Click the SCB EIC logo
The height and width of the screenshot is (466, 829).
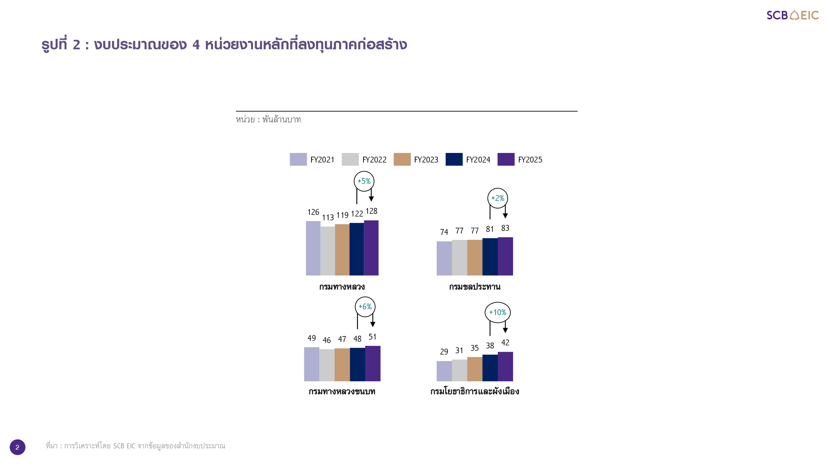click(792, 15)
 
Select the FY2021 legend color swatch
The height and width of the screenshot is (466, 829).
click(298, 159)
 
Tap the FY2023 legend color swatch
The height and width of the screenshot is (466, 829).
click(402, 159)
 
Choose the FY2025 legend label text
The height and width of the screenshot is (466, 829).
click(530, 160)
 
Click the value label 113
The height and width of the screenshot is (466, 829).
click(328, 218)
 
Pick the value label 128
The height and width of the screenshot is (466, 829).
click(371, 211)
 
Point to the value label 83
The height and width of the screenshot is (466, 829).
click(505, 228)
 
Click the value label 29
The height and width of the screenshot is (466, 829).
click(444, 352)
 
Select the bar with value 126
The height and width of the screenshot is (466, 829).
click(313, 248)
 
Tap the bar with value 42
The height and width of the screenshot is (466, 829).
click(505, 366)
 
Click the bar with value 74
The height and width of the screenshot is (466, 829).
click(444, 258)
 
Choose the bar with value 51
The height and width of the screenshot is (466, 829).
click(373, 363)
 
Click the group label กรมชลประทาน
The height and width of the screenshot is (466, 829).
click(475, 287)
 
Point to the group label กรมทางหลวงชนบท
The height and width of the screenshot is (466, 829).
click(342, 392)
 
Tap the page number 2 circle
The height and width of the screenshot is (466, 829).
click(17, 447)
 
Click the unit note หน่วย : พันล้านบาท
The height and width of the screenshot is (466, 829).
click(268, 120)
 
